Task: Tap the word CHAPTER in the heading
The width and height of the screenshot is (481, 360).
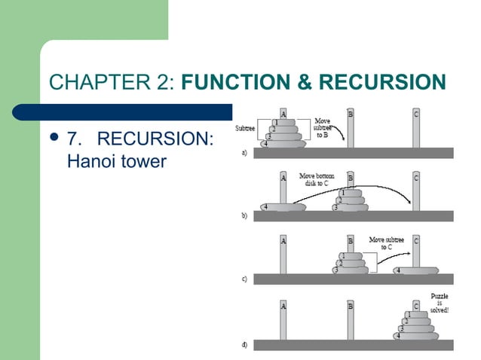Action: click(x=100, y=81)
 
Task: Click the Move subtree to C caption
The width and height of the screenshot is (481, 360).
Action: click(x=386, y=243)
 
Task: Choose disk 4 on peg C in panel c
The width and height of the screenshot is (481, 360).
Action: click(x=416, y=270)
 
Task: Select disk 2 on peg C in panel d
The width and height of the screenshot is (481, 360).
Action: click(x=416, y=321)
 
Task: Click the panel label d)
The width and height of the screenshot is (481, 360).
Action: click(x=244, y=344)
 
